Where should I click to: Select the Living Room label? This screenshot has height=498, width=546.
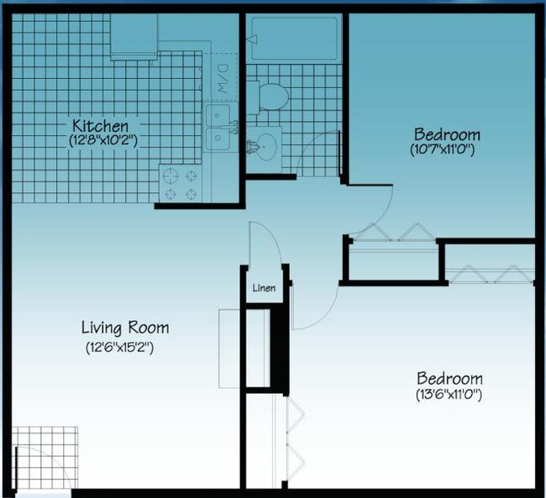125,328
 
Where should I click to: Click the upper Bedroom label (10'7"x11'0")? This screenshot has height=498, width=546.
447,134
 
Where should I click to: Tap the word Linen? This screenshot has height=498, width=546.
265,288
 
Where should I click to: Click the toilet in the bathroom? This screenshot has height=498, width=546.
270,97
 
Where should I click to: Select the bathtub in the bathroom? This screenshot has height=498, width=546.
294,39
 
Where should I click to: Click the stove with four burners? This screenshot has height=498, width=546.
181,185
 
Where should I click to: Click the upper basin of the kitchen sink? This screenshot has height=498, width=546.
219,114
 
